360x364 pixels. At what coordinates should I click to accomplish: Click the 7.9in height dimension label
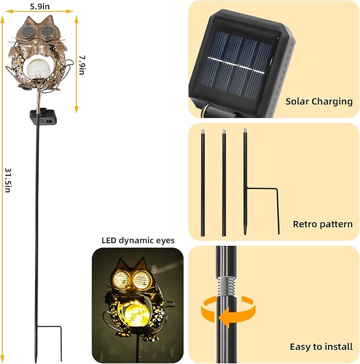point(82,64)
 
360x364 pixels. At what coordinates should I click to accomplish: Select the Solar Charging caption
point(319,101)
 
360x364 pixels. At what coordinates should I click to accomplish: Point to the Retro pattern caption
point(322,224)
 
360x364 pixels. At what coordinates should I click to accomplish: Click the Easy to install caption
point(321,347)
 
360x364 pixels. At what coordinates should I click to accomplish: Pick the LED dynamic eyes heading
point(138,240)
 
